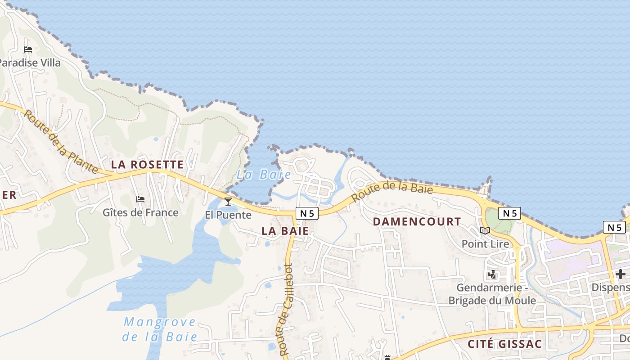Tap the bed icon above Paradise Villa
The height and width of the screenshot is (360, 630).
pos(28,49)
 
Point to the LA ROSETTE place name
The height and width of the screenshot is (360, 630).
pos(147,164)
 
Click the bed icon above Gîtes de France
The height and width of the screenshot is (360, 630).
pos(140,199)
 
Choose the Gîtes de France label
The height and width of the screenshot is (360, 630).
pos(140,212)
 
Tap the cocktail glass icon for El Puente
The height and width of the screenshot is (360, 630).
pos(228,201)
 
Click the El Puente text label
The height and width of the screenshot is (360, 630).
pos(228,215)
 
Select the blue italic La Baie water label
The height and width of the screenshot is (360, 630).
pos(264,175)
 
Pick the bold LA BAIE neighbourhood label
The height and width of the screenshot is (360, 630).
pos(285,231)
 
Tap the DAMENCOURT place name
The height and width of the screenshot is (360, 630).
pos(417,221)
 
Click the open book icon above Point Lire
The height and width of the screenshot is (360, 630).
pos(485,231)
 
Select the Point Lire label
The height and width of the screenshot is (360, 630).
pos(485,244)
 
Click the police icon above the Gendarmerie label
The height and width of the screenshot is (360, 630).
pos(492,274)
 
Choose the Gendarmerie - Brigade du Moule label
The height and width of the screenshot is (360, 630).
pos(492,294)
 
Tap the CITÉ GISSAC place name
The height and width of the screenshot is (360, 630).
pos(504,344)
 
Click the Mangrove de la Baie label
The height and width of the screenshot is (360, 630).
pos(160,329)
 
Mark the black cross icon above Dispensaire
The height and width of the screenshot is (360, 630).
pos(621,274)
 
